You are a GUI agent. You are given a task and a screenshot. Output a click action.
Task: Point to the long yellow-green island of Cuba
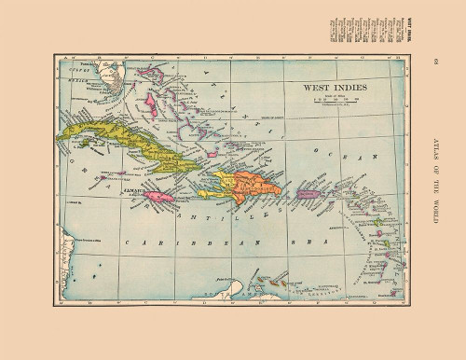tap(121, 145)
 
